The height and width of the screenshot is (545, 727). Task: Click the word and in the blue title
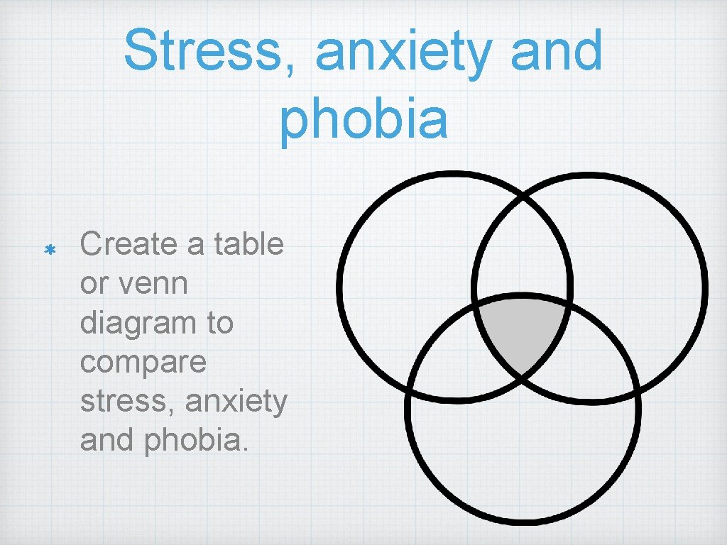point(557,51)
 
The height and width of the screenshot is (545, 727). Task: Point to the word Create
point(127,245)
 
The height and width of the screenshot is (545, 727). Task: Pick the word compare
point(143,363)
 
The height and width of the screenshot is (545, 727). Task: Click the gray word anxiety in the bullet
point(236,402)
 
